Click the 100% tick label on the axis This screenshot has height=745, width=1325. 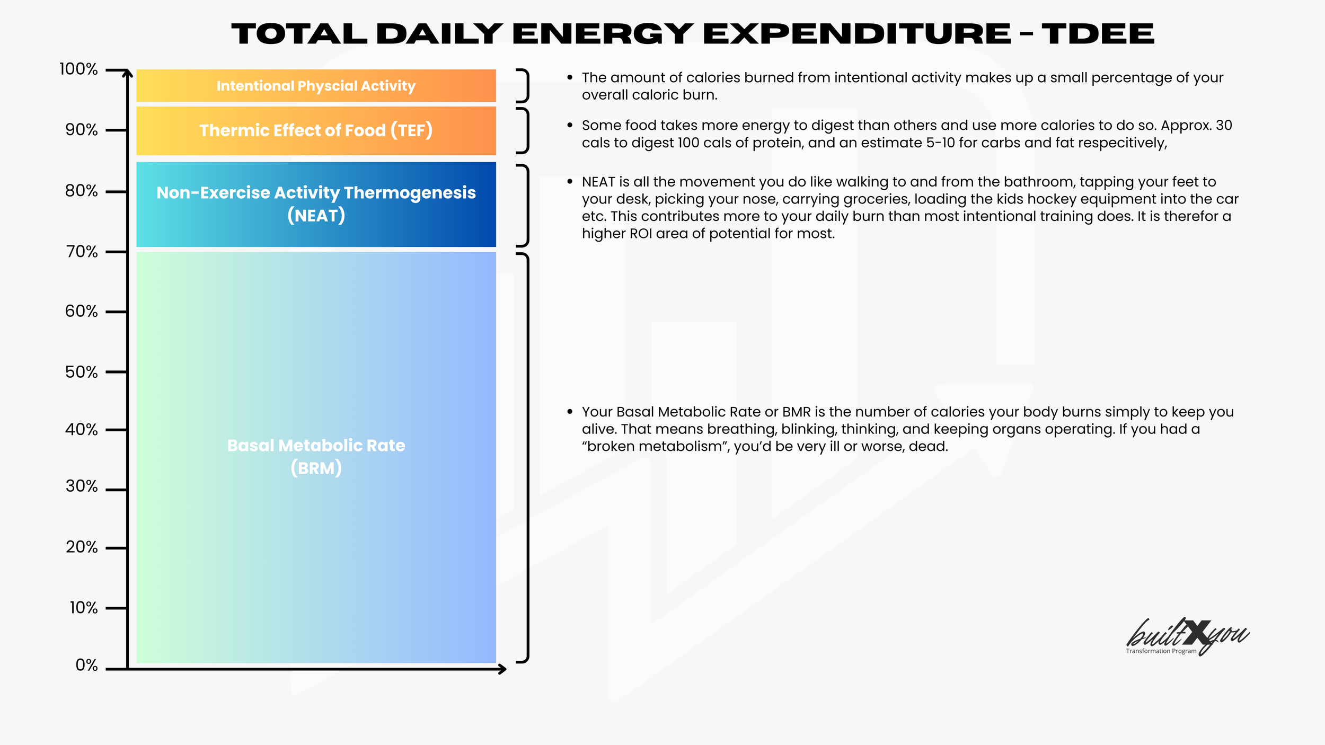tap(78, 69)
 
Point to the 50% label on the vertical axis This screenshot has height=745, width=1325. tap(81, 372)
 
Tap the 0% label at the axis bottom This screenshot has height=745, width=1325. tap(86, 665)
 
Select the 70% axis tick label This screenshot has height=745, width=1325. tap(82, 252)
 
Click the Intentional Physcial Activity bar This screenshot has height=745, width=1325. tap(316, 85)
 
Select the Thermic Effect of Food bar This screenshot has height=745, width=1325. tap(316, 130)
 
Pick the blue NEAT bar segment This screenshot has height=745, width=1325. tap(316, 204)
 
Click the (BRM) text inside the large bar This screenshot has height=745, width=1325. tap(316, 468)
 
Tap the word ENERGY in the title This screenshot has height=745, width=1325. tap(602, 34)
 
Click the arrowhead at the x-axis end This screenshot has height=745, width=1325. tap(502, 669)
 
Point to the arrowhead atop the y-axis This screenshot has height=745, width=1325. tap(127, 73)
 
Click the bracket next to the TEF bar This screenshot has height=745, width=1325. tap(524, 130)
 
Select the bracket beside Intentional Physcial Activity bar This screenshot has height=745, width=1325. tap(524, 85)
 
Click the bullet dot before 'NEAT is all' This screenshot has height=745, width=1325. tap(570, 182)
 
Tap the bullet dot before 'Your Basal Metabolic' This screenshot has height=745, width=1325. tap(570, 412)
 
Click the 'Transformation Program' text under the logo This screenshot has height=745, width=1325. tap(1161, 651)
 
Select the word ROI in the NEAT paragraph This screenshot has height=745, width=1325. tap(640, 234)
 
